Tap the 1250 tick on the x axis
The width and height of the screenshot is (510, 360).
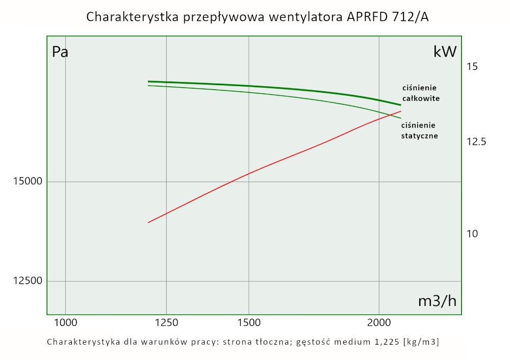pyautogui.click(x=166, y=322)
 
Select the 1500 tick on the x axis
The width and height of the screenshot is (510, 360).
pyautogui.click(x=248, y=322)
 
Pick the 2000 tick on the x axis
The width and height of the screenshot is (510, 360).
pyautogui.click(x=379, y=322)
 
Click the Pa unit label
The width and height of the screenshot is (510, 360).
pyautogui.click(x=60, y=52)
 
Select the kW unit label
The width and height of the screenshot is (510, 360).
pyautogui.click(x=445, y=52)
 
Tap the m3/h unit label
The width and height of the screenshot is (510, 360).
pyautogui.click(x=437, y=301)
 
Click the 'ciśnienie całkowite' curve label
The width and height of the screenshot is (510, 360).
pyautogui.click(x=420, y=93)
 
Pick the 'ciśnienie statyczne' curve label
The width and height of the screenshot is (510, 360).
pyautogui.click(x=419, y=131)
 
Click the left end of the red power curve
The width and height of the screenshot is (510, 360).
pyautogui.click(x=148, y=222)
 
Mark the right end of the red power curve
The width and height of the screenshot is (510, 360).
pyautogui.click(x=401, y=111)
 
